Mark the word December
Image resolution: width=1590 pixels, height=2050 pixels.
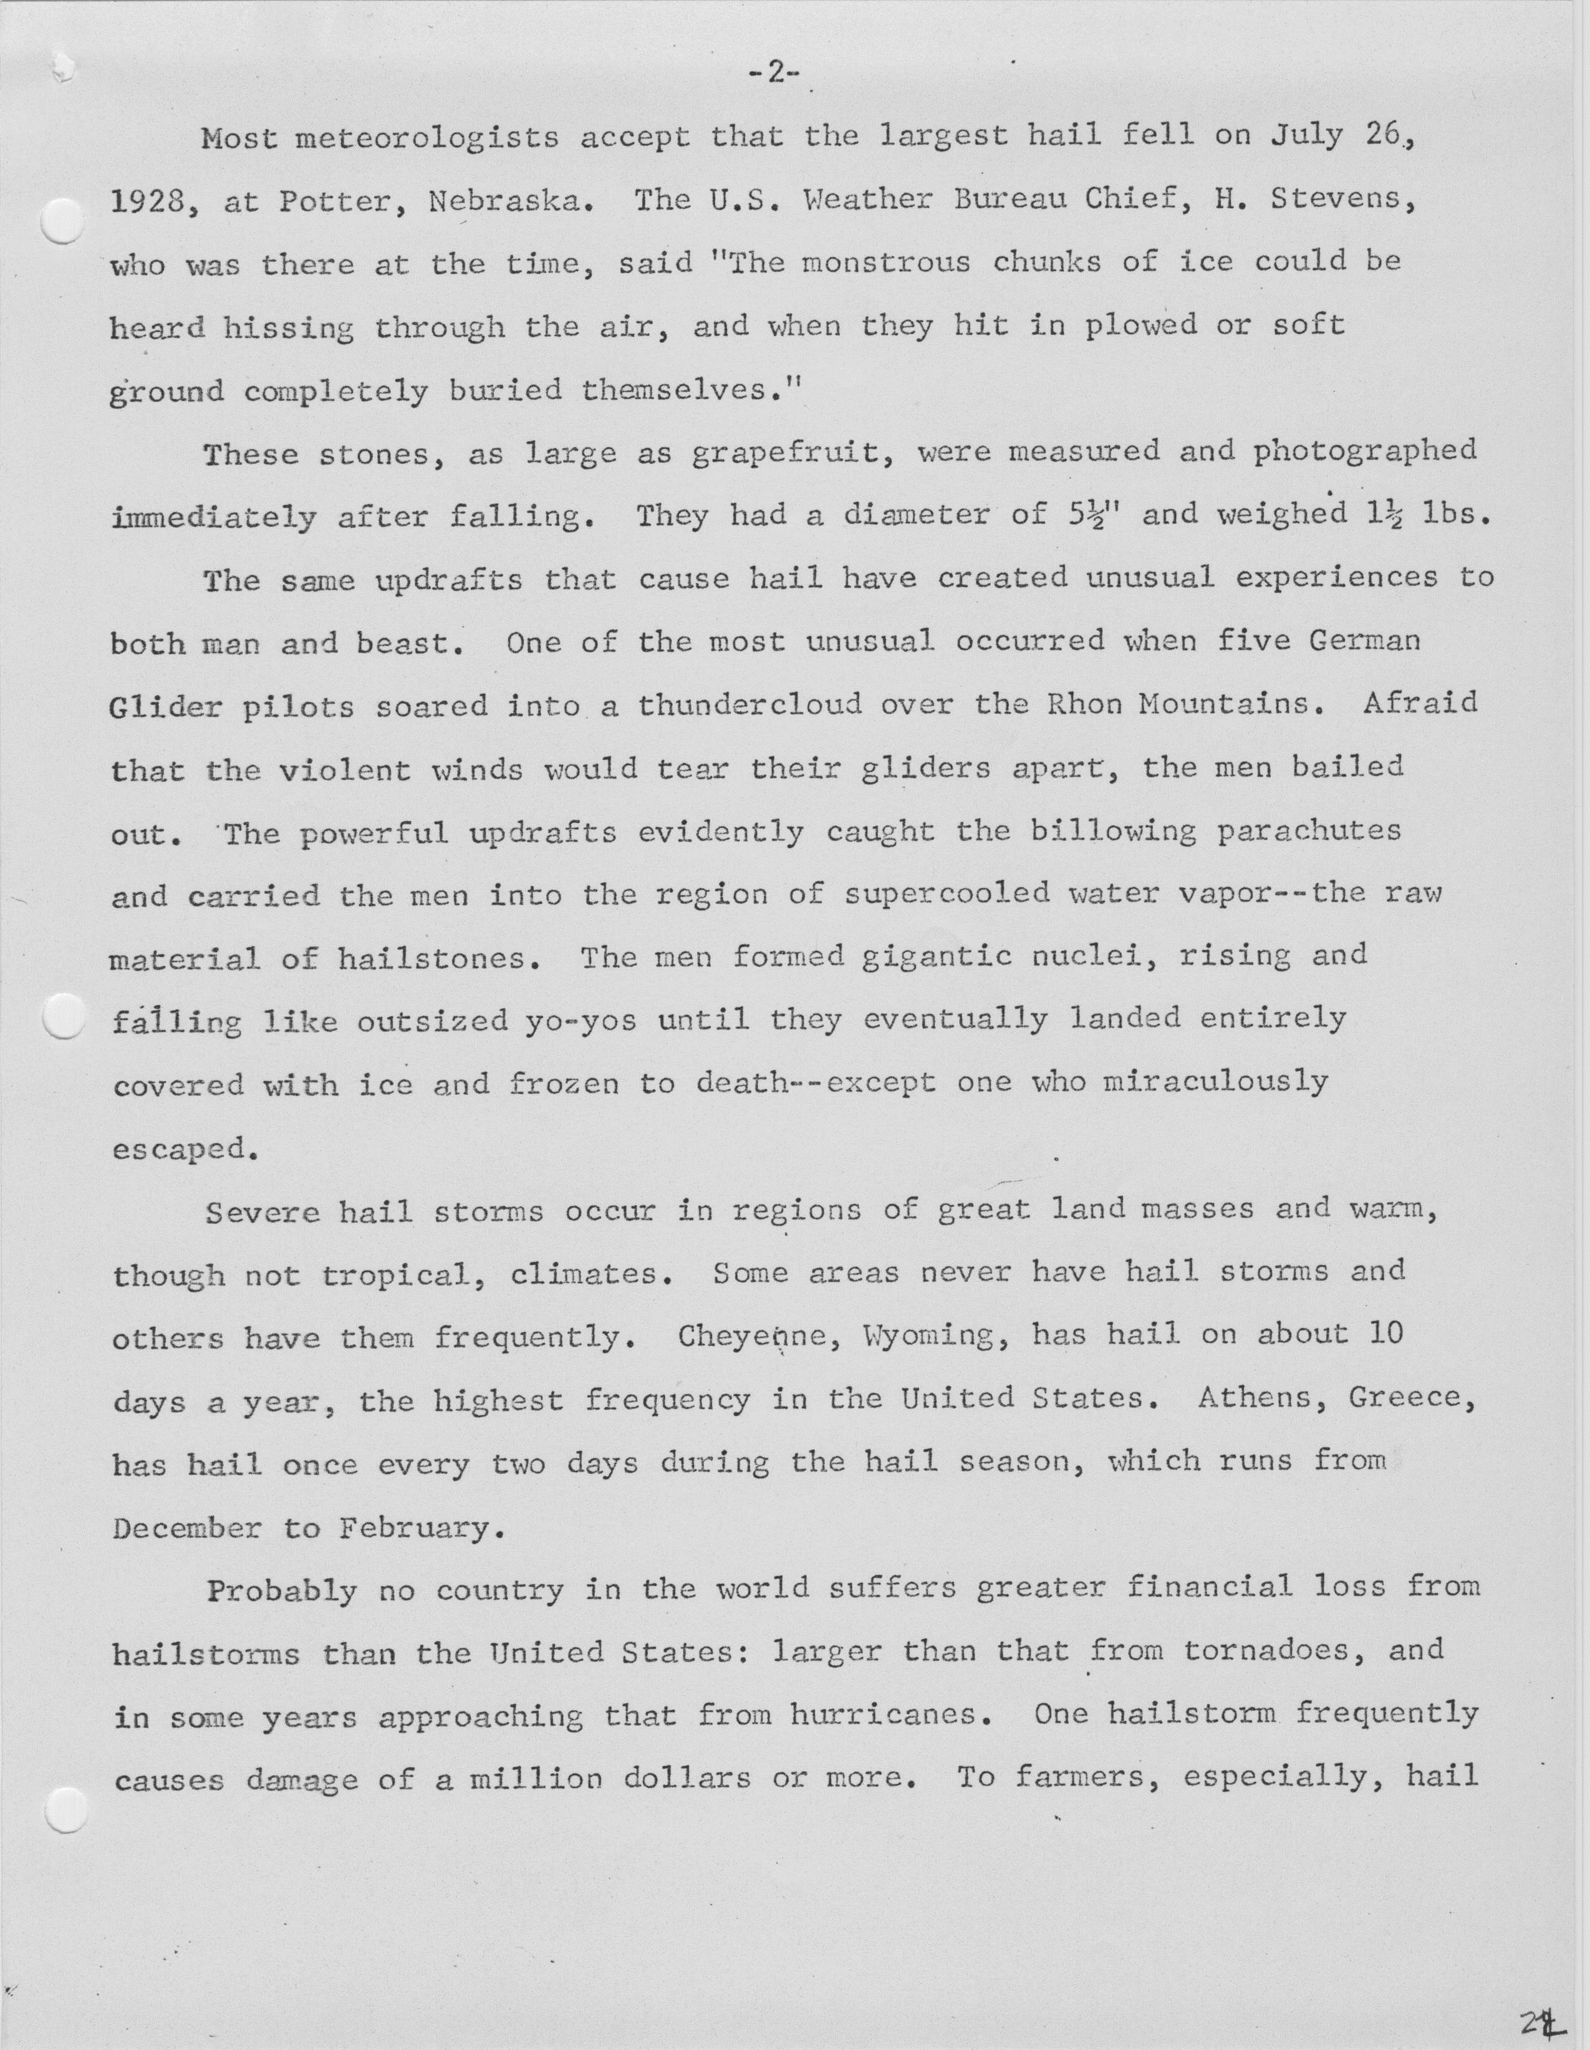[x=187, y=1528]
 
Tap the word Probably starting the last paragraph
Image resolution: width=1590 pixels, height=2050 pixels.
[x=282, y=1591]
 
